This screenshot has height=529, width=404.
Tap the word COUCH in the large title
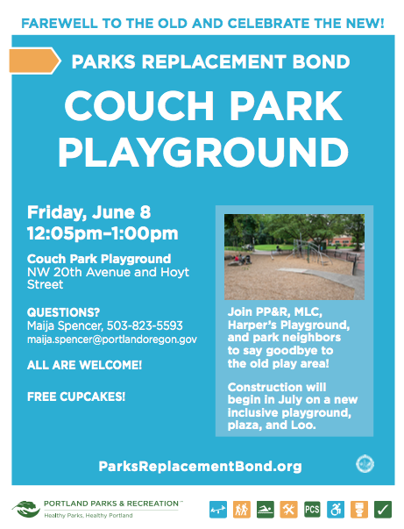click(139, 105)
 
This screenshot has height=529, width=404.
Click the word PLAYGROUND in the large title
click(203, 153)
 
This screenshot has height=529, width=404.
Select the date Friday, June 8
click(89, 212)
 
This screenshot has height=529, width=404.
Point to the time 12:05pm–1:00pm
click(103, 233)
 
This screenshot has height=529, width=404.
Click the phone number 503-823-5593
click(145, 325)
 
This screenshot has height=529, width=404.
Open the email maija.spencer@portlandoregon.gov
click(112, 340)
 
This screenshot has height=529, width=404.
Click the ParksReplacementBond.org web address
click(200, 466)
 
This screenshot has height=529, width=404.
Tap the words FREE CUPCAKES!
click(76, 397)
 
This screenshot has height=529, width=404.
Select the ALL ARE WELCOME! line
click(85, 365)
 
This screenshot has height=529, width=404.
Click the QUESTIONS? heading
click(63, 312)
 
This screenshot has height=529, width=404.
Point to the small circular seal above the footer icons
click(365, 464)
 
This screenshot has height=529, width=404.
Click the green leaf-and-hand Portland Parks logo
click(26, 509)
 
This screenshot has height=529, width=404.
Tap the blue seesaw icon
click(218, 510)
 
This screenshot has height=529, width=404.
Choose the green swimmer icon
click(266, 510)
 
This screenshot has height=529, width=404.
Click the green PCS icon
click(312, 510)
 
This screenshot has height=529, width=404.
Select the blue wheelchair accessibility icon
click(336, 510)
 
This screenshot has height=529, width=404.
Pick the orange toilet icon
click(359, 510)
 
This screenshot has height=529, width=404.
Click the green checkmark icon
click(383, 510)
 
